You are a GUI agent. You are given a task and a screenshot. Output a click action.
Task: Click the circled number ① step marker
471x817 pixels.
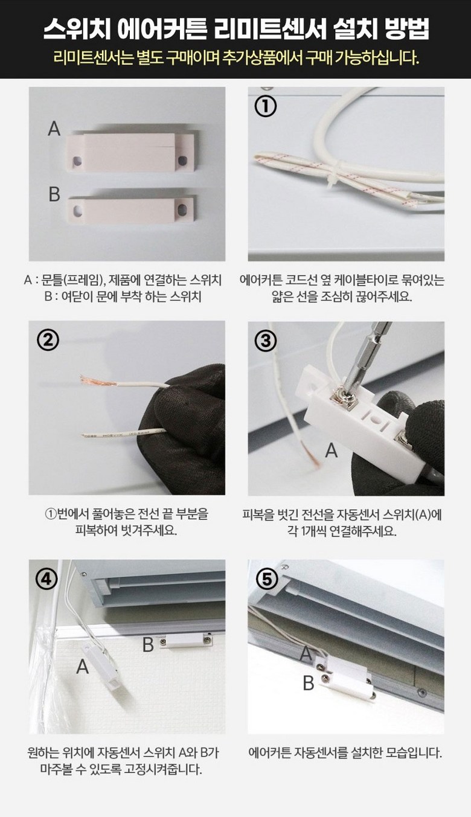coord(265,106)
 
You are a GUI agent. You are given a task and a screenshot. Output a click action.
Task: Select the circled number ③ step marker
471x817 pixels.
coord(266,341)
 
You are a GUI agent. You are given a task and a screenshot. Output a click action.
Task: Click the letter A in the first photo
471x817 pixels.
coord(54,129)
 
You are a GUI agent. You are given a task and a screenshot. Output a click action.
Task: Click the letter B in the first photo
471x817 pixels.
coord(54,194)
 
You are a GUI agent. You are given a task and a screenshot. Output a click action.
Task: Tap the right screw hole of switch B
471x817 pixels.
coord(181,210)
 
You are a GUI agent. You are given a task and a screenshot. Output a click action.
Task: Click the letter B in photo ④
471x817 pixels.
coord(148,644)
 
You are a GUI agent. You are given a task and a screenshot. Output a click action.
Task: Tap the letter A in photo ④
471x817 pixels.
coord(83,667)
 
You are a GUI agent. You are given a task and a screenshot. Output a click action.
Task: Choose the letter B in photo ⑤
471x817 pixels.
coord(309,683)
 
